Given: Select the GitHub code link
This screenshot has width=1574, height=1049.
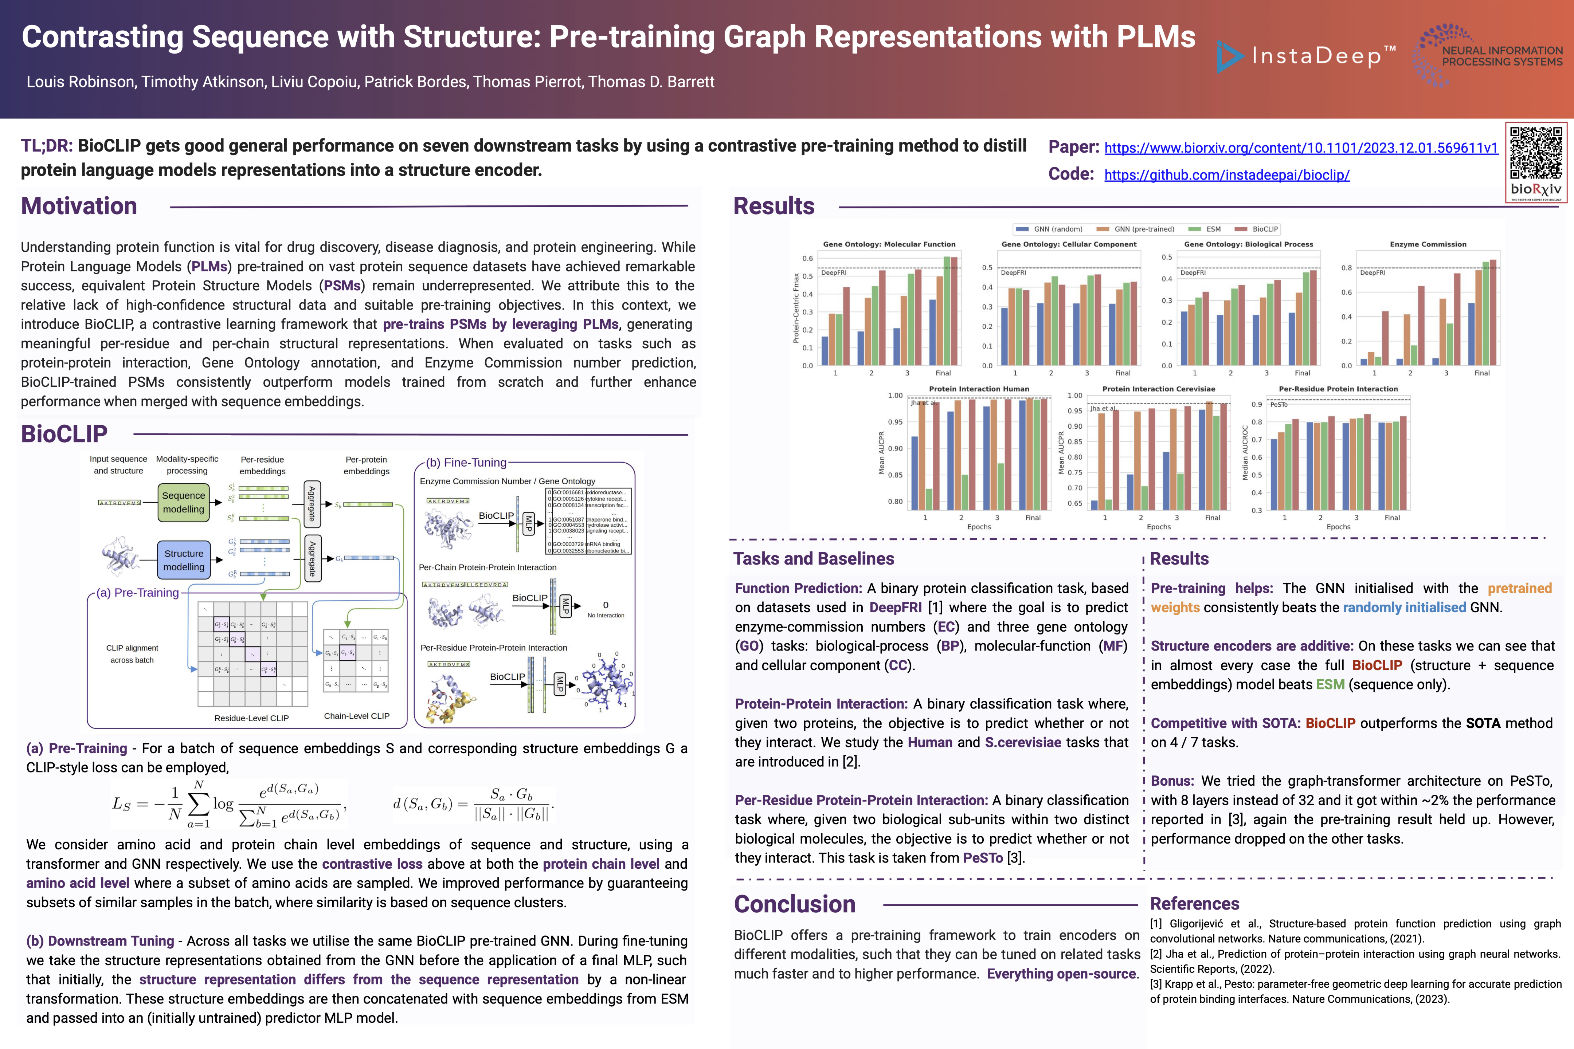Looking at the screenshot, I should click(x=1227, y=174).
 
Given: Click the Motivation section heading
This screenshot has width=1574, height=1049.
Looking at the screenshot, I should click(x=79, y=206).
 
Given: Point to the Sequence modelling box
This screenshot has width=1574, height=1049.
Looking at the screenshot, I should click(x=183, y=502).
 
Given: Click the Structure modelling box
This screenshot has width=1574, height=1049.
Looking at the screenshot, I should click(x=183, y=560).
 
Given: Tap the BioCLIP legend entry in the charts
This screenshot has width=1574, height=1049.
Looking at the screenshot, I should click(x=1264, y=229).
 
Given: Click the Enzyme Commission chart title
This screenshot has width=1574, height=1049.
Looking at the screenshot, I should click(x=1428, y=244).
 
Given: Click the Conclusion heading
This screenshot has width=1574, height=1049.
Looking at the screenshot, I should click(x=794, y=904).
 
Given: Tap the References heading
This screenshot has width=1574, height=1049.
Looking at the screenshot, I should click(x=1195, y=904).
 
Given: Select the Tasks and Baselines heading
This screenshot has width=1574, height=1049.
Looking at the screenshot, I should click(x=813, y=559).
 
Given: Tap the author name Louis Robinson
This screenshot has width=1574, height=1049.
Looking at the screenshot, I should click(x=80, y=82).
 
